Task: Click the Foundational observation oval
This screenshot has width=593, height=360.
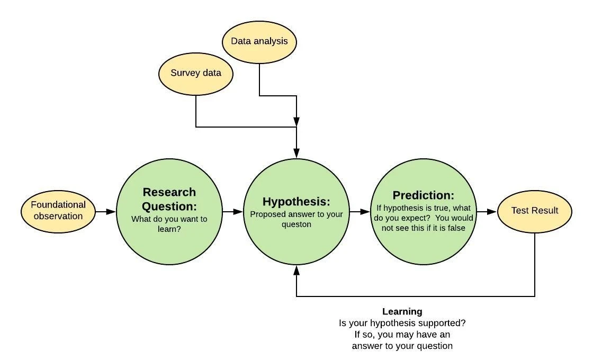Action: point(58,211)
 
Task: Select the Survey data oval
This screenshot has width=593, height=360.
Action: point(195,74)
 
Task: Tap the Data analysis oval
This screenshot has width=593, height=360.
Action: point(259,42)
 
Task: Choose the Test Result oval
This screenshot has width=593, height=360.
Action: point(534,211)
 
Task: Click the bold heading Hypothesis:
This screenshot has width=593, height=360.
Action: point(296,201)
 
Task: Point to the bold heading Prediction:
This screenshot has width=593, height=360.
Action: point(423,195)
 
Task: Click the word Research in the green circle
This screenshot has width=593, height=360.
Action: point(169,192)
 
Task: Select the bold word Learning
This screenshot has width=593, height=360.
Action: point(402,312)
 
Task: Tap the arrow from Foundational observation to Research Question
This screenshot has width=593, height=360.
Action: point(105,212)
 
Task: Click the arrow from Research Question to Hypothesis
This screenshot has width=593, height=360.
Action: point(232,212)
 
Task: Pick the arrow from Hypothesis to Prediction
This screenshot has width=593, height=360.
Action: point(360,212)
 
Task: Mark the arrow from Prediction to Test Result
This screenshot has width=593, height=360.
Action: point(487,212)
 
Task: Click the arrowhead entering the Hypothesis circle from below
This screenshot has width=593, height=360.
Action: point(296,270)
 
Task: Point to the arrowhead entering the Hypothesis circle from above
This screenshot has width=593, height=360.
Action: point(296,153)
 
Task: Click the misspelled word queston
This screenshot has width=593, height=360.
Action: point(296,224)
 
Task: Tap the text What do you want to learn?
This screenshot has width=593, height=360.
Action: point(169,224)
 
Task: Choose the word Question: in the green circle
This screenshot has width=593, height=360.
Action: point(169,206)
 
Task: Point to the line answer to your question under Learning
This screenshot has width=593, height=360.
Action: point(402,346)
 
